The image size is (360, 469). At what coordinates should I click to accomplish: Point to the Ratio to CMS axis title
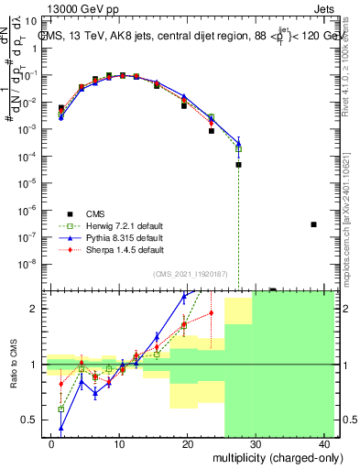tap(12, 364)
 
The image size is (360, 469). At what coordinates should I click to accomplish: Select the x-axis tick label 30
tap(256, 442)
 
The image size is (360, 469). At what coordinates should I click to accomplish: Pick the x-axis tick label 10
tap(119, 442)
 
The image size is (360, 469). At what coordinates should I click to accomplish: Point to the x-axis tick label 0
tap(51, 442)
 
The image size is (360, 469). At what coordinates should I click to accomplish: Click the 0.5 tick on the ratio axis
tap(30, 420)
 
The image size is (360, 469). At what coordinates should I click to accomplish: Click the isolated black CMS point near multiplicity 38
tap(313, 224)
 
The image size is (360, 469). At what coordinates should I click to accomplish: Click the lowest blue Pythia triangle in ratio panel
tap(61, 428)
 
